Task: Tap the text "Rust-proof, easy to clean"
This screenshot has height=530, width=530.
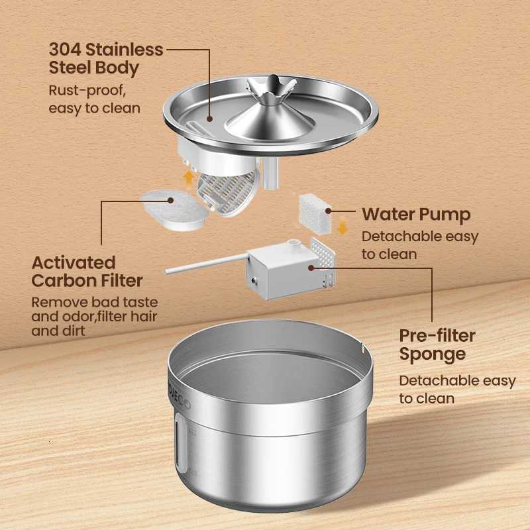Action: tap(94, 99)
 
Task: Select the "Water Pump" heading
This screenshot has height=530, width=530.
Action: tap(416, 215)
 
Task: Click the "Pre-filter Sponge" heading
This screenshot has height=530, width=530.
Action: tap(437, 344)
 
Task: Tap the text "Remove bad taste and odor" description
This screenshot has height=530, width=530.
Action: tap(95, 316)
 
